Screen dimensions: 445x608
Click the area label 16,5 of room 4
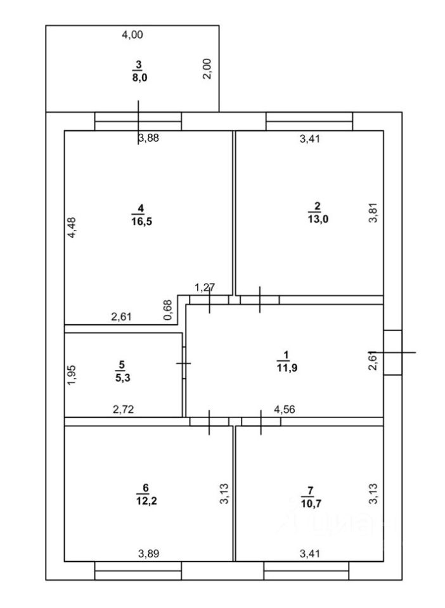(141, 222)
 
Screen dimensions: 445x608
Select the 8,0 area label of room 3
(139, 78)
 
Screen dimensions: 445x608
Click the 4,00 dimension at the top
(132, 35)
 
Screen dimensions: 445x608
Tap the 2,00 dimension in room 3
(207, 68)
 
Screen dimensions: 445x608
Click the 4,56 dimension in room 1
(284, 409)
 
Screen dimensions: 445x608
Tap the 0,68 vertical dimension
(168, 309)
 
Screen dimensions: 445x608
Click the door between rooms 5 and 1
(184, 364)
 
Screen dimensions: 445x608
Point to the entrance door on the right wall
(392, 351)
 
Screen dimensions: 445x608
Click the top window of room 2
(309, 121)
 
